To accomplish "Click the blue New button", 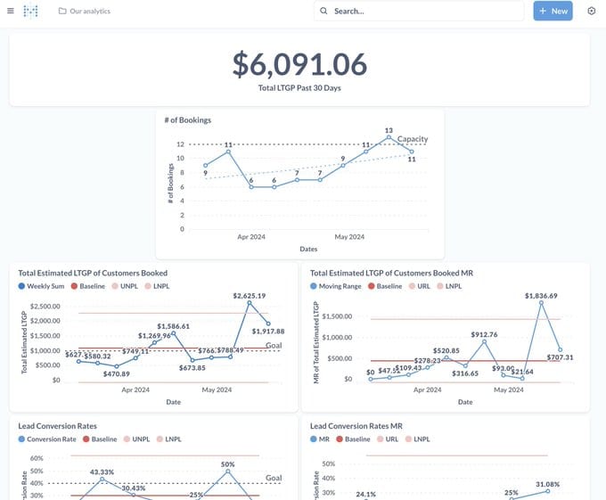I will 553,11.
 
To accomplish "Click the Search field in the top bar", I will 419,11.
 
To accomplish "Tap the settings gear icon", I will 592,11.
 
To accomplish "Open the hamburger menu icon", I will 10,11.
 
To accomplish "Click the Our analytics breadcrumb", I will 89,11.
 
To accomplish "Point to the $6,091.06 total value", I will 299,64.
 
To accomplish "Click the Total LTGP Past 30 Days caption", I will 299,87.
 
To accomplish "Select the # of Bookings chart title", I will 187,119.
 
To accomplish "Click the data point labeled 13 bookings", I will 389,137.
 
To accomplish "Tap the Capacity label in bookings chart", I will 413,139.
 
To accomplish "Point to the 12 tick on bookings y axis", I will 180,144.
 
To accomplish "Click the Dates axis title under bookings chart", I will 308,249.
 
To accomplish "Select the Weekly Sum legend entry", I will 45,286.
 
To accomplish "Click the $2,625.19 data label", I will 250,295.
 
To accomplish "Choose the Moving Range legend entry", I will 338,286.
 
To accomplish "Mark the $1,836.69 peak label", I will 541,295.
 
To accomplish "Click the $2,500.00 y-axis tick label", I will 45,307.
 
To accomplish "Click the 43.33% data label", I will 102,471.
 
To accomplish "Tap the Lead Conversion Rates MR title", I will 356,426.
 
